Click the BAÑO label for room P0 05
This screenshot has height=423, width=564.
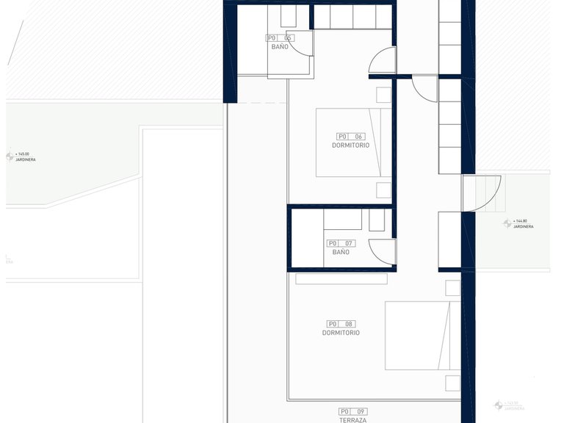point(280,46)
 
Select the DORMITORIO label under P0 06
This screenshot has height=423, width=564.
point(350,145)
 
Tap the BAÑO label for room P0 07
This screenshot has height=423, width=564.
point(341,252)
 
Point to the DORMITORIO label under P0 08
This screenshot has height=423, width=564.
point(341,333)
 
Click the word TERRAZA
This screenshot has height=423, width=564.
point(353,420)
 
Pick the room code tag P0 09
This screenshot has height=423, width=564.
point(353,411)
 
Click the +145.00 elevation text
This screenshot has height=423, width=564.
point(23,154)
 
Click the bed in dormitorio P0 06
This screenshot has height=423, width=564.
point(353,142)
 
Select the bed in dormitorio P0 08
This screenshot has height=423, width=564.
point(422,336)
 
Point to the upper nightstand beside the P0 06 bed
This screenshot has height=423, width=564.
point(383,95)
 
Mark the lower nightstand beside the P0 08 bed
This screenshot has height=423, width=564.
point(452,383)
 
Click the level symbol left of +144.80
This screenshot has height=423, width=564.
point(507,223)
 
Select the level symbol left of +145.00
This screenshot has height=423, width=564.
point(10,156)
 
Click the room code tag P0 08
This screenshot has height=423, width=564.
point(341,323)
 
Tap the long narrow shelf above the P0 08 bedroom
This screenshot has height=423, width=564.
point(341,278)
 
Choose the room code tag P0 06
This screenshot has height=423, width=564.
point(350,136)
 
